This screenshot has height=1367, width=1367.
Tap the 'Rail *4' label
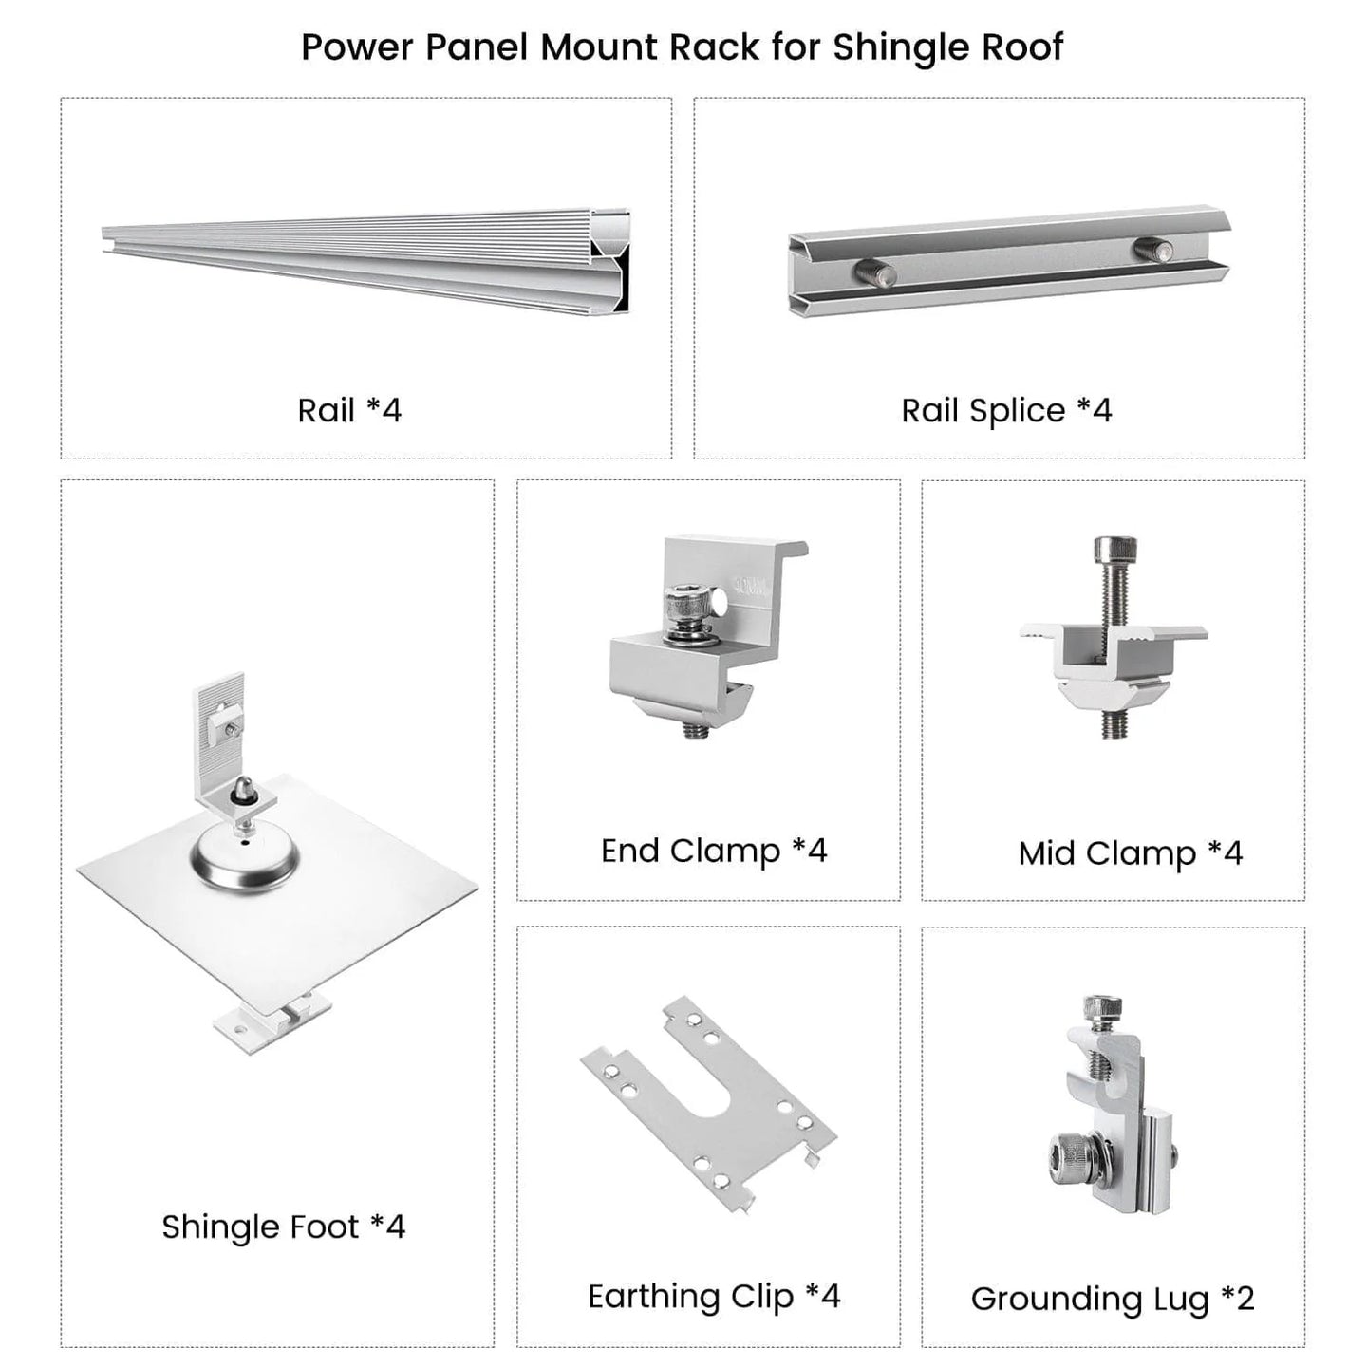tap(349, 411)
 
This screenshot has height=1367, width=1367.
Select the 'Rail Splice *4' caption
tap(1006, 411)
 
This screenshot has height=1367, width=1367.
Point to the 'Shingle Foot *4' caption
tap(283, 1227)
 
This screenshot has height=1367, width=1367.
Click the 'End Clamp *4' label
tap(714, 851)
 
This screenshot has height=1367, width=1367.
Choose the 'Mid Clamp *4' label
tap(1130, 852)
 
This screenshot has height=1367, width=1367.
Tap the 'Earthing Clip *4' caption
tap(714, 1296)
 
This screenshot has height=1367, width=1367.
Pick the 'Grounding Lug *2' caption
tap(1113, 1299)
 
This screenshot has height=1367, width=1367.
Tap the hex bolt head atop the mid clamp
tap(1115, 549)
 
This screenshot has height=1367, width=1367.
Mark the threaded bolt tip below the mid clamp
tap(1115, 724)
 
